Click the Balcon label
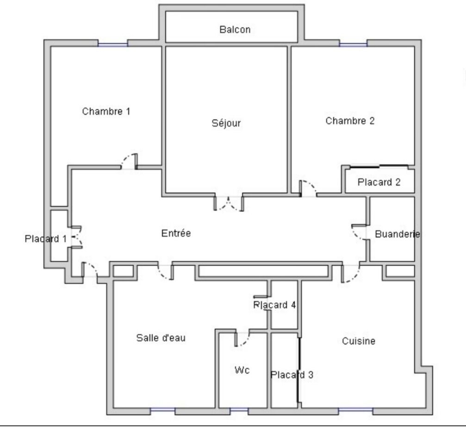click(235, 30)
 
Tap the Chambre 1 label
click(106, 111)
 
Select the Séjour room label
click(226, 123)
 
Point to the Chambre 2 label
click(350, 120)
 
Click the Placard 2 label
click(379, 182)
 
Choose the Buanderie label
click(398, 234)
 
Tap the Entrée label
click(176, 233)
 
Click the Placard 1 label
click(46, 238)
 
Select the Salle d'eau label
click(161, 338)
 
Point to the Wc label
click(242, 370)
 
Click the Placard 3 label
click(292, 375)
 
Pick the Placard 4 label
click(274, 305)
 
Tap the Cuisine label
click(359, 341)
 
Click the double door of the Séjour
click(229, 203)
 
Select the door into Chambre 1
click(129, 162)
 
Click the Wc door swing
click(242, 339)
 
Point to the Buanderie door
click(359, 232)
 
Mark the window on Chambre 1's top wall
click(112, 44)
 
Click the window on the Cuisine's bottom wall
click(355, 410)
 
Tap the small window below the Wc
click(239, 410)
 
